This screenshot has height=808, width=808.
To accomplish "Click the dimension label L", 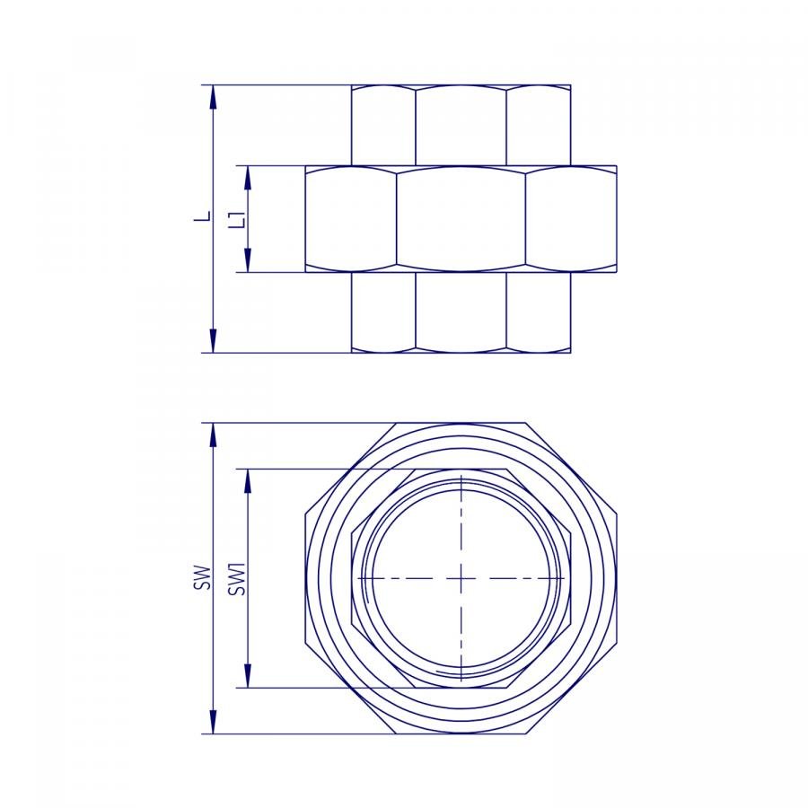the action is [x=204, y=216].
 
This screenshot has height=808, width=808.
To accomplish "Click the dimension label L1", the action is [x=237, y=219].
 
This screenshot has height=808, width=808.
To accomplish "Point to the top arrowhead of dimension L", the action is [x=213, y=97].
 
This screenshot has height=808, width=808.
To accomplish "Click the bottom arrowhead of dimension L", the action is [x=213, y=340].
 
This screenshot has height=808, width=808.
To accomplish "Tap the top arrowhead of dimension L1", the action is [x=248, y=179].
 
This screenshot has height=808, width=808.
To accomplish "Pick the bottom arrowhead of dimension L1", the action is [x=248, y=259].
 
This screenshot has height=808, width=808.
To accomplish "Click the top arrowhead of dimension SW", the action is [x=213, y=435].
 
